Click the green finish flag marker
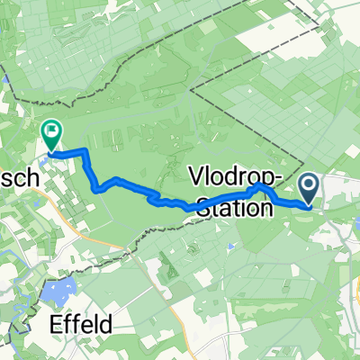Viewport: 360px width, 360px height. pos(52,136)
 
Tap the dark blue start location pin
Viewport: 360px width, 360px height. pos(309,190)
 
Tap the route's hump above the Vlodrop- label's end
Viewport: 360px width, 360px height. pos(261,186)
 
